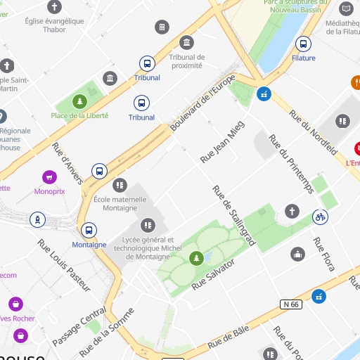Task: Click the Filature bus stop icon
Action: click(303, 44)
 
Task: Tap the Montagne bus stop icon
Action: click(89, 230)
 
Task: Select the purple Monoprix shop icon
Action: click(49, 176)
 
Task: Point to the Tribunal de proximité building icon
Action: click(187, 42)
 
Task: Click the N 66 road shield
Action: click(290, 304)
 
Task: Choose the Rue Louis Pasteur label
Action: click(64, 265)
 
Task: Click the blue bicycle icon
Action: click(321, 217)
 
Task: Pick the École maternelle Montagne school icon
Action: click(120, 184)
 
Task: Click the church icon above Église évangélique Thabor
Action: click(55, 7)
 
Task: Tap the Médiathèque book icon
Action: click(346, 8)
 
